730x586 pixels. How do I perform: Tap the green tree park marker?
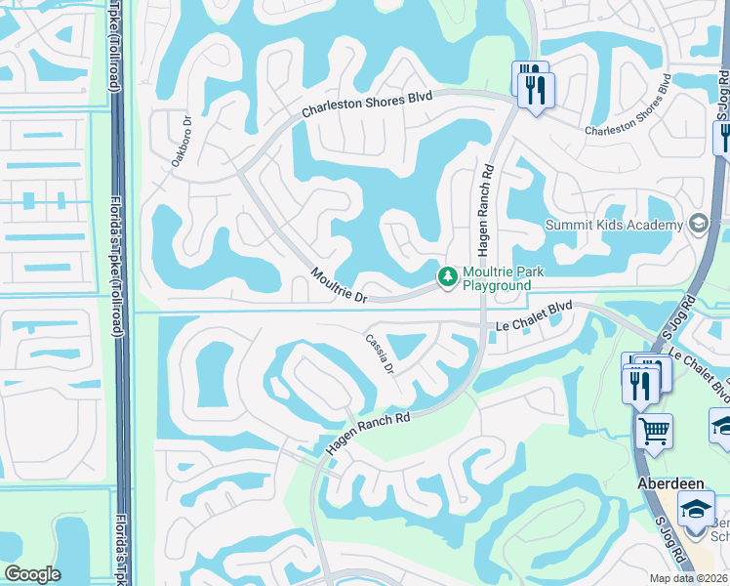coord(448,277)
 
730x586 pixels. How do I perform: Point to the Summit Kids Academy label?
coord(615,226)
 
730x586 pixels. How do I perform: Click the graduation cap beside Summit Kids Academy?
coord(698,225)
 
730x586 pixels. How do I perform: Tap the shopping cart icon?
coord(654,430)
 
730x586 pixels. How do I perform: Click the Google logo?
coord(32,574)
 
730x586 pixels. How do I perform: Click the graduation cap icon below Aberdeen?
coord(697,511)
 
